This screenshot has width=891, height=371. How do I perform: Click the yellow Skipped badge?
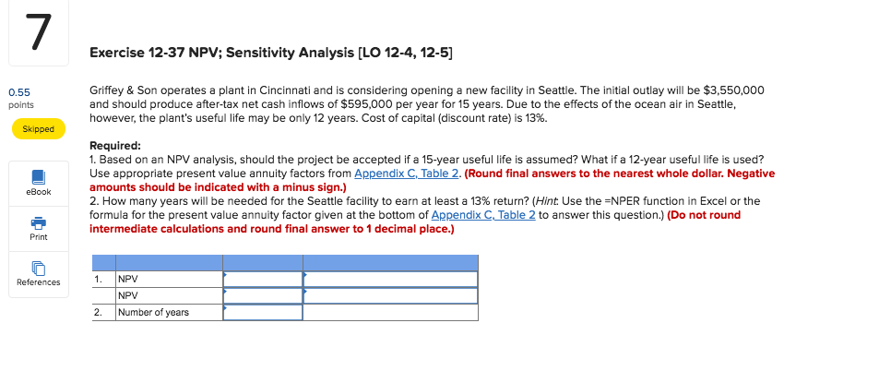tap(38, 129)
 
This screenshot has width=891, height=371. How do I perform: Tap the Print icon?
tap(38, 224)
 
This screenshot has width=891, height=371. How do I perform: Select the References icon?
tap(38, 269)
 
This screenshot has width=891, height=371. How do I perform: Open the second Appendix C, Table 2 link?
tap(481, 215)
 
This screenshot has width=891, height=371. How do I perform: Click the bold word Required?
tap(115, 146)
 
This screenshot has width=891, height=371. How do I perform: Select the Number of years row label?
tap(153, 313)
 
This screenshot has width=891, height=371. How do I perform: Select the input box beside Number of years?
tap(263, 313)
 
